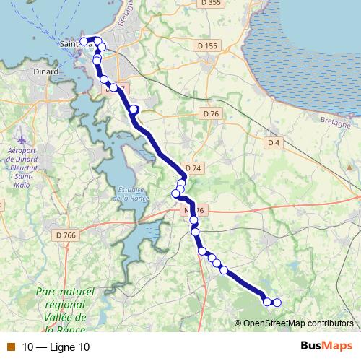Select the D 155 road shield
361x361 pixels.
pos(206,46)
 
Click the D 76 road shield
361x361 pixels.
pos(210,114)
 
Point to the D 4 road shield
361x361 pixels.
pos(273,143)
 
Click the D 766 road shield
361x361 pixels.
pos(66,234)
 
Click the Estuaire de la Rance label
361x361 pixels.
pos(129,193)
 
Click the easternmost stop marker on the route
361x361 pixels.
pos(276,303)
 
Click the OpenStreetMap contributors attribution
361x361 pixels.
pos(297,323)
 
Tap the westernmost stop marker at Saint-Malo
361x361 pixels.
pos(84,41)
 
